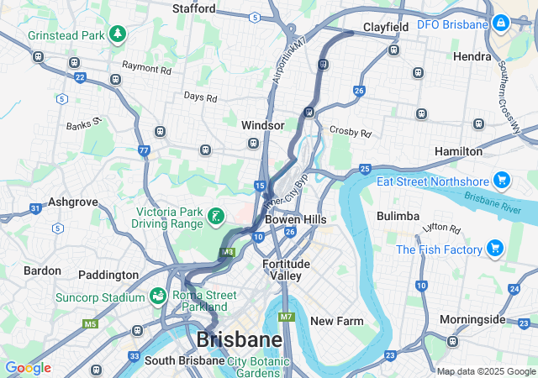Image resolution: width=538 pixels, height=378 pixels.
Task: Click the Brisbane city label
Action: click(239, 340)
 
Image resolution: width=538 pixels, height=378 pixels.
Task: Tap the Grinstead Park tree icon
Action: click(119, 34)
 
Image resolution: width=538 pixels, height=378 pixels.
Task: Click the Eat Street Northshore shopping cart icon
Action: click(502, 180)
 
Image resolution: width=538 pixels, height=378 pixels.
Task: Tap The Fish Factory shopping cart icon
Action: click(494, 249)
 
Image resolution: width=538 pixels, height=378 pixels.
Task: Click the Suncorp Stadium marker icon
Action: click(157, 297)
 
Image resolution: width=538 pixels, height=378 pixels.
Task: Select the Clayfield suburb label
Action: click(386, 27)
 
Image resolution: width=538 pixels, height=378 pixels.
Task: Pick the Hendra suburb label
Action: click(472, 56)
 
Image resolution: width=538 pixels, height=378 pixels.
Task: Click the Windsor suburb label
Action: click(263, 124)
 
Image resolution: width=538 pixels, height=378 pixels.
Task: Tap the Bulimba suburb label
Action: click(398, 216)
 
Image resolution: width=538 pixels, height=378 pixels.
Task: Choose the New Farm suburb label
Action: click(336, 321)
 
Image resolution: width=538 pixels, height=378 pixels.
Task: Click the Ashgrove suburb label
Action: click(73, 202)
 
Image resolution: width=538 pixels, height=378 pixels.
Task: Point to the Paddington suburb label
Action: click(108, 275)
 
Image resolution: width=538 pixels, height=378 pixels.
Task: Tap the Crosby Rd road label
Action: click(351, 132)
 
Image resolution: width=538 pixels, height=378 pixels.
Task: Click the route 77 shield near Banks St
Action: click(145, 151)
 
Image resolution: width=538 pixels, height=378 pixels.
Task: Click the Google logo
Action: click(28, 368)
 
